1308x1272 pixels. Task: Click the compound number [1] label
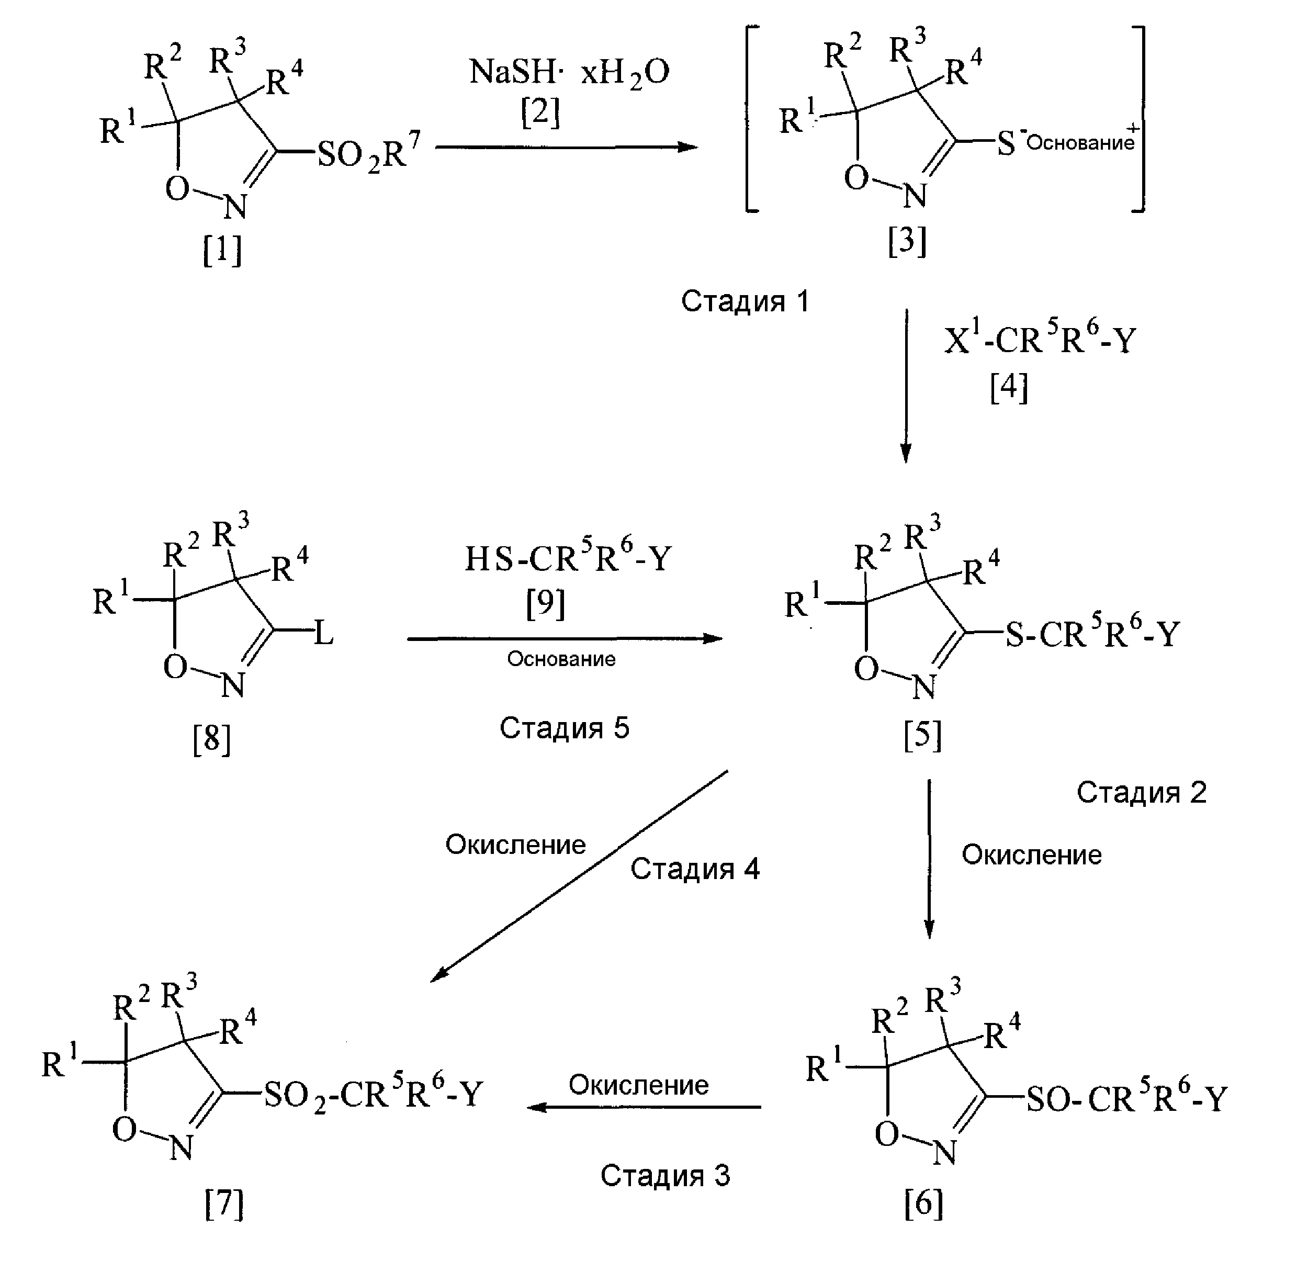222,250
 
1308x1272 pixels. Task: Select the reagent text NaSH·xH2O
569,72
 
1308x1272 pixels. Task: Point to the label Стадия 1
745,301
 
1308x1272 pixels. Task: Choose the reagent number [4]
1009,388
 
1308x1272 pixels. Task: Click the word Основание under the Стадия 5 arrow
561,659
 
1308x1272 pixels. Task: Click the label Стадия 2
1142,792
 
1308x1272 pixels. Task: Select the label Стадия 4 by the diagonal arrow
695,869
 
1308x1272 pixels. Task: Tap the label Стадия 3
666,1175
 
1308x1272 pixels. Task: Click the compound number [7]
224,1204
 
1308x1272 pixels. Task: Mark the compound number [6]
923,1204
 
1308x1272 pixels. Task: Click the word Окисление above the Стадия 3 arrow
639,1085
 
